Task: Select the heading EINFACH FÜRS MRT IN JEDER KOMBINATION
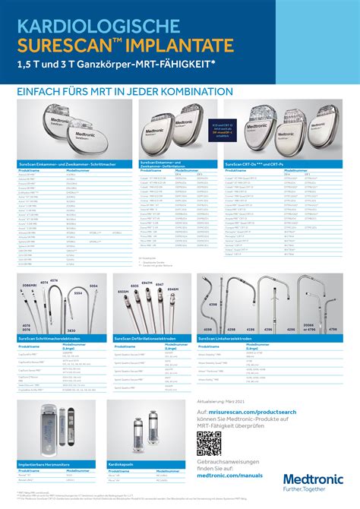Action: pyautogui.click(x=126, y=91)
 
